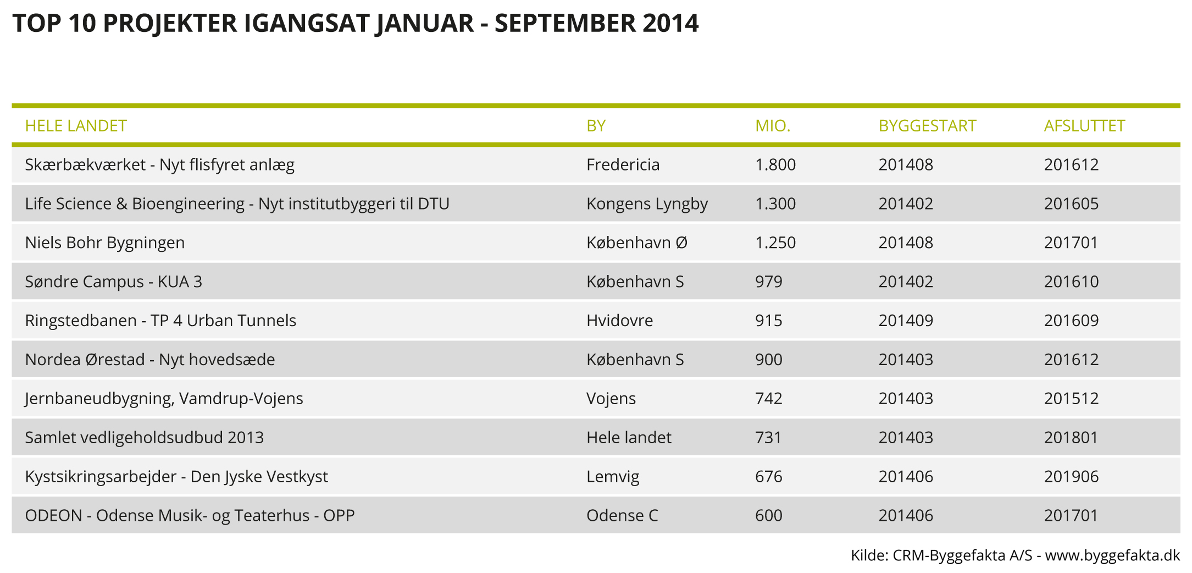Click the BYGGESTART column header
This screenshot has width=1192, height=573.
tap(927, 126)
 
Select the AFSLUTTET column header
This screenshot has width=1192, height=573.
tap(1084, 126)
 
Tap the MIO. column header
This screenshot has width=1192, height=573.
tap(773, 126)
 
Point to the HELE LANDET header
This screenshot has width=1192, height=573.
tap(76, 126)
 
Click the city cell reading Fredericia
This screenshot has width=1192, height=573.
tap(623, 164)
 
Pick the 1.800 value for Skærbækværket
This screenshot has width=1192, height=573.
tap(775, 164)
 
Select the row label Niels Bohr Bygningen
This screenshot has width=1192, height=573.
tap(105, 243)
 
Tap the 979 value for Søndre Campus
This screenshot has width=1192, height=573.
tap(769, 282)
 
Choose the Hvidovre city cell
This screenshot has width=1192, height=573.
tap(619, 321)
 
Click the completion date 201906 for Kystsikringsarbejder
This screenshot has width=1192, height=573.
tap(1071, 476)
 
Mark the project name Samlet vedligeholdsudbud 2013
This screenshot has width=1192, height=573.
tap(145, 438)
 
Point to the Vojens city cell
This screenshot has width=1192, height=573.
tap(611, 399)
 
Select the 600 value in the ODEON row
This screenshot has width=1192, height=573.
tap(769, 515)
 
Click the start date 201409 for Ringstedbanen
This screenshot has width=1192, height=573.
tap(906, 321)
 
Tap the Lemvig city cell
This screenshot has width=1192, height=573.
tap(613, 477)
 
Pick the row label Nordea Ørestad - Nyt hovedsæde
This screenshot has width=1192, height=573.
tap(150, 360)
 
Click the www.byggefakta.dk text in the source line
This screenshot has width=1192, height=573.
tap(1112, 556)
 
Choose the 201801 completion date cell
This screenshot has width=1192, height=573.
tap(1071, 437)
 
